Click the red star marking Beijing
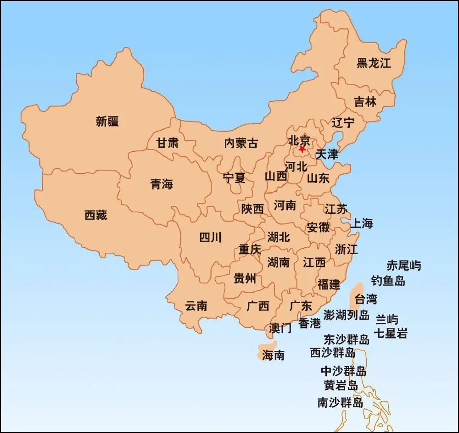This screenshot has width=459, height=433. (x=302, y=149)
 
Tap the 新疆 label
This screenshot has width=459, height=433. (x=107, y=122)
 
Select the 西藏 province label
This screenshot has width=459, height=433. (x=96, y=215)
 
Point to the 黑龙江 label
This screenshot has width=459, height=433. (x=374, y=63)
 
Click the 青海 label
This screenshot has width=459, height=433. (x=162, y=184)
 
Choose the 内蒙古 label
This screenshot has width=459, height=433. (x=241, y=143)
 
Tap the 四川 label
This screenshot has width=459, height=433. (x=211, y=237)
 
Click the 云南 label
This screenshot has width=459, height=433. (x=196, y=306)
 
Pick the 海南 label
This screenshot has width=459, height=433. (x=273, y=355)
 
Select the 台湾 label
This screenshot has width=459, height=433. (x=366, y=300)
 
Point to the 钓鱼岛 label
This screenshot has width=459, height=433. (x=388, y=281)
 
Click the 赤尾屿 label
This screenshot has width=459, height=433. (x=403, y=265)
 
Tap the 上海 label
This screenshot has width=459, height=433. (x=362, y=224)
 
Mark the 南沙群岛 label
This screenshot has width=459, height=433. (x=340, y=403)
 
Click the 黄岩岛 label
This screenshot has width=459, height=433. (x=341, y=385)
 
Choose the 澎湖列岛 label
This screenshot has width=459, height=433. (x=347, y=315)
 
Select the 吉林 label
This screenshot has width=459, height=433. (x=365, y=102)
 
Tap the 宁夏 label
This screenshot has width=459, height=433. (x=234, y=178)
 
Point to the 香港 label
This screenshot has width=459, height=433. (x=310, y=323)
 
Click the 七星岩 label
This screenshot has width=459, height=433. (x=391, y=333)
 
